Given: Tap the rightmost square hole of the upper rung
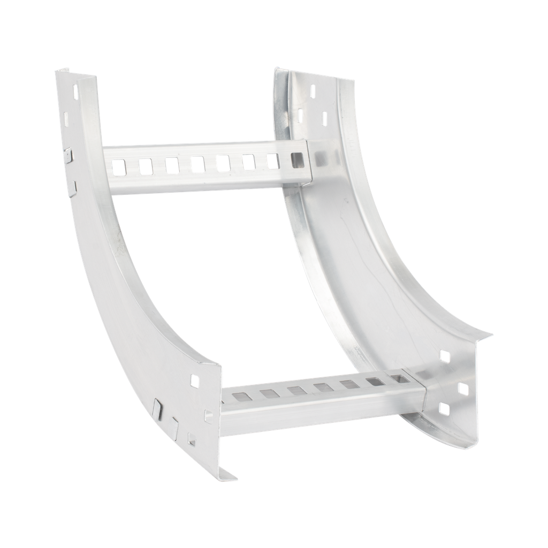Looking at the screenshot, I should [x=297, y=159].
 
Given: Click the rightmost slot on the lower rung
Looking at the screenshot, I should [x=398, y=378].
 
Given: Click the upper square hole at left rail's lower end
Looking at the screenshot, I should [x=195, y=380].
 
